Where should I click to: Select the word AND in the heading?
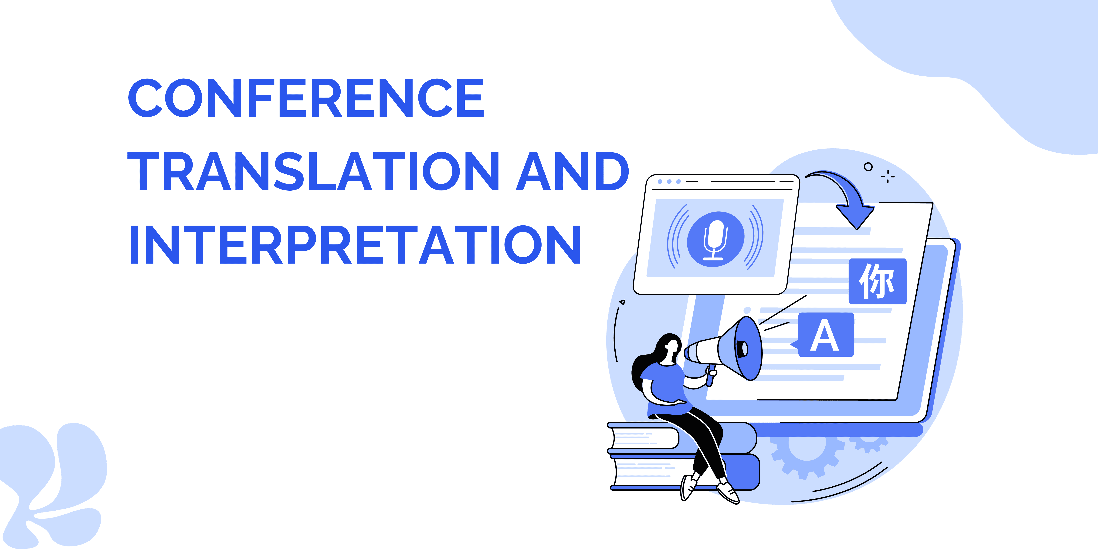pos(572,171)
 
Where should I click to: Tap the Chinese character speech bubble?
pos(878,281)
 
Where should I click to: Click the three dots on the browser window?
pos(669,182)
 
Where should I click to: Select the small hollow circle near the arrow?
pos(868,167)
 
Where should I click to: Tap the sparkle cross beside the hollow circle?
pos(888,176)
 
